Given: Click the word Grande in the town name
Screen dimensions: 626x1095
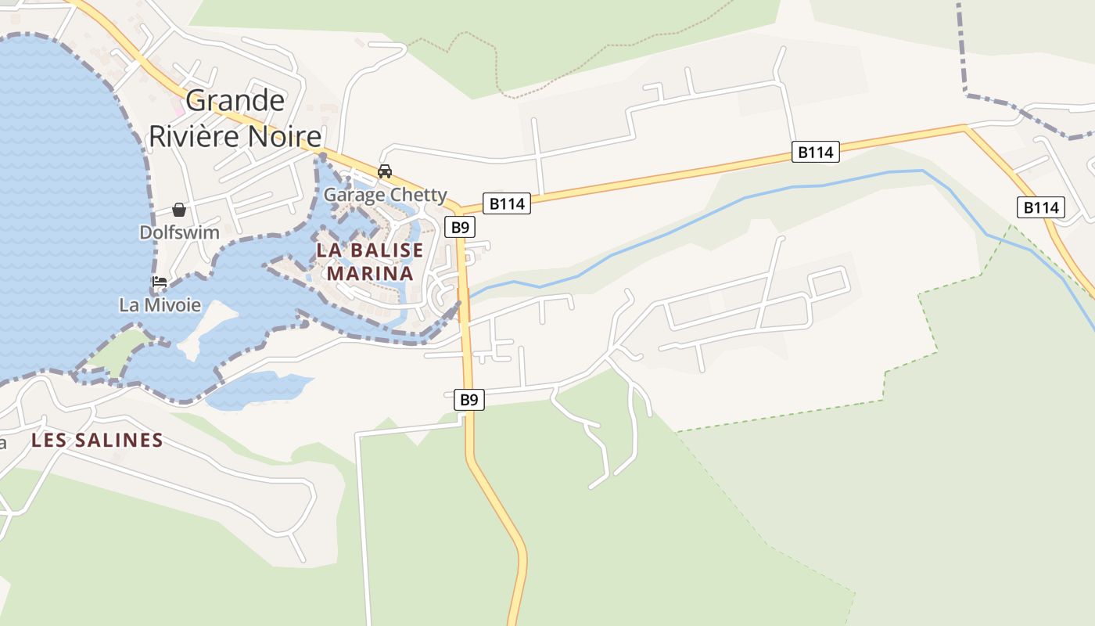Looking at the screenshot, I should pyautogui.click(x=235, y=101).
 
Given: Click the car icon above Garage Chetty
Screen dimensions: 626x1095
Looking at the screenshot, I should pyautogui.click(x=385, y=171).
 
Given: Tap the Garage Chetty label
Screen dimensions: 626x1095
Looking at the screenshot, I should pyautogui.click(x=386, y=195).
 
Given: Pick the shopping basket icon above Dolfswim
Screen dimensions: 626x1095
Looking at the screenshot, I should pyautogui.click(x=179, y=210).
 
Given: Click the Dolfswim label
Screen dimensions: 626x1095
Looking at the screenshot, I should pyautogui.click(x=179, y=232).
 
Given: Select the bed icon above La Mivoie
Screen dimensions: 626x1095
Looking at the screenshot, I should pyautogui.click(x=160, y=282).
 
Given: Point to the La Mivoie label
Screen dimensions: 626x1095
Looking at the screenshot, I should pyautogui.click(x=160, y=304).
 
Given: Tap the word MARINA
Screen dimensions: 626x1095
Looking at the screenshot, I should pyautogui.click(x=370, y=274).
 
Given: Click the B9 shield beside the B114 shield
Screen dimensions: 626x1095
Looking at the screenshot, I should pyautogui.click(x=460, y=227).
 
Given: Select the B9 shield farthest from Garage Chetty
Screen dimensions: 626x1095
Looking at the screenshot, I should pyautogui.click(x=469, y=400).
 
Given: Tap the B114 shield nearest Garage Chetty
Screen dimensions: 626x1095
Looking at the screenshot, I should pyautogui.click(x=507, y=204).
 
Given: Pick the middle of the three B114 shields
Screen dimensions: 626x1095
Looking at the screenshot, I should pyautogui.click(x=816, y=152).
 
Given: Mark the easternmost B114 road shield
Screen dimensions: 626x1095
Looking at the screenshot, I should pyautogui.click(x=1041, y=207).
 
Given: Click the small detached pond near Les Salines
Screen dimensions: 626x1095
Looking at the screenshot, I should pyautogui.click(x=258, y=389).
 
